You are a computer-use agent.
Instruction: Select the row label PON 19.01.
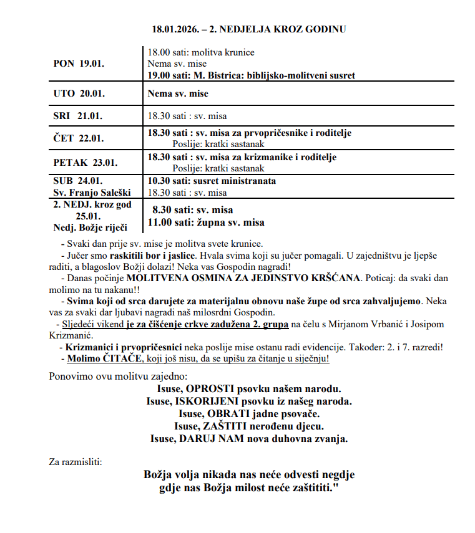[x=79, y=64]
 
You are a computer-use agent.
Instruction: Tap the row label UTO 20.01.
[x=79, y=94]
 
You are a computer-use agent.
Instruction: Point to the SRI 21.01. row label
[x=78, y=116]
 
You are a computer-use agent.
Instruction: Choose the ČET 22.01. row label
[x=79, y=138]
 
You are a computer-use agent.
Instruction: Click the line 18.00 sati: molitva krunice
[x=201, y=52]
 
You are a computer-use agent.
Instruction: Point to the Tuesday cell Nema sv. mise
[x=178, y=94]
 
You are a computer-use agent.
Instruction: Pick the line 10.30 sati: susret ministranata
[x=211, y=181]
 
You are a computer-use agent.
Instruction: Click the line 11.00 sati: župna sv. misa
[x=205, y=223]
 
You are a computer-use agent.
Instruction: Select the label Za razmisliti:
[x=76, y=462]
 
